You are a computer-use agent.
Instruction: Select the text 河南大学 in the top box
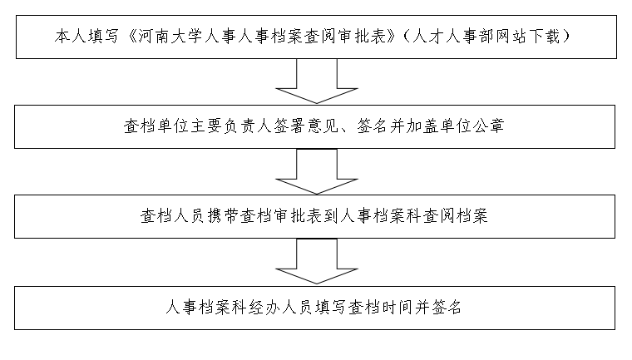(x=170, y=37)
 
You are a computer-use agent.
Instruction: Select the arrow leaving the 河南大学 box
(x=316, y=81)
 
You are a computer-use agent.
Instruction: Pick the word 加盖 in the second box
(x=422, y=126)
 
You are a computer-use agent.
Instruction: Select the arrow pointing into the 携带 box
(x=316, y=171)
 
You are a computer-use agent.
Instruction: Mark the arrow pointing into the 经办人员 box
(x=316, y=261)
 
